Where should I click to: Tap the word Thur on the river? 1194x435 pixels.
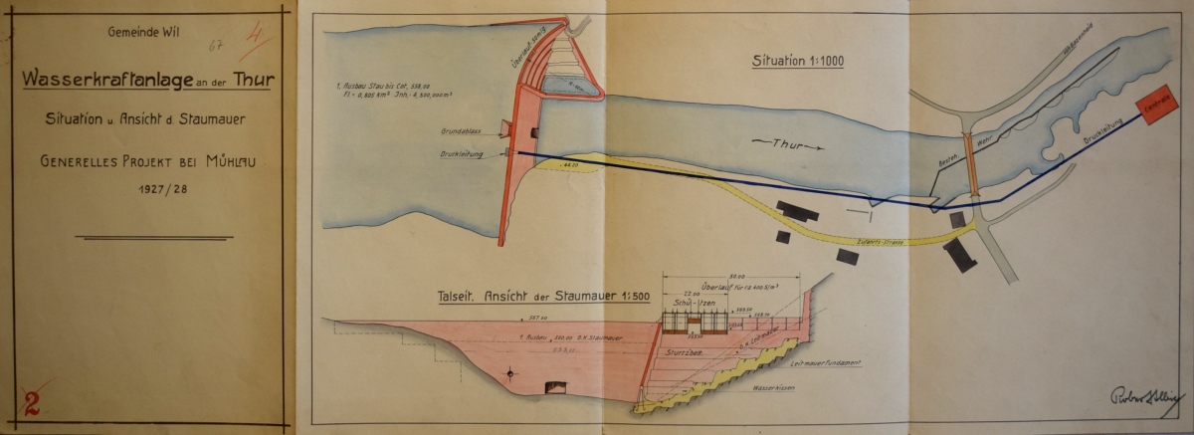(782, 145)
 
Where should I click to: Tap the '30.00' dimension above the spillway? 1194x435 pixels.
(737, 275)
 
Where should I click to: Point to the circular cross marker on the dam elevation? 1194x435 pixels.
(511, 373)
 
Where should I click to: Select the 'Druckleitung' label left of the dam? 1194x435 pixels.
(462, 154)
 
